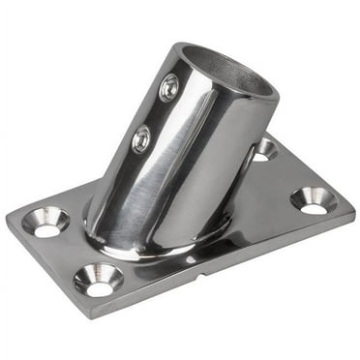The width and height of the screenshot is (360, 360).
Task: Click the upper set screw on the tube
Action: pos(167,89)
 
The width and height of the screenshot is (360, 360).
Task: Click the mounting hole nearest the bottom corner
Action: pos(99,279)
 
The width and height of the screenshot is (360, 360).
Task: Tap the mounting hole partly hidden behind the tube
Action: pos(262,149)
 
